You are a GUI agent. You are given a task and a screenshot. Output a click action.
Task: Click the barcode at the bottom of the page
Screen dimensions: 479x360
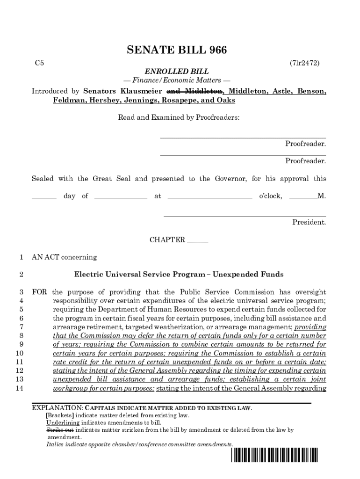pos(274,455)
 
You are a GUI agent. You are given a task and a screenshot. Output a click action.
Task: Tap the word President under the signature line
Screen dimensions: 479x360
pos(309,222)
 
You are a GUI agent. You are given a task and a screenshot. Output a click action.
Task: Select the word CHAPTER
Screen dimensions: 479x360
pos(167,240)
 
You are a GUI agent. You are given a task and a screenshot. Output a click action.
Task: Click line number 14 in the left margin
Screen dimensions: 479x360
pos(20,388)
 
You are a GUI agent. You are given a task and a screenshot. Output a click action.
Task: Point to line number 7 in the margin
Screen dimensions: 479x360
pos(22,327)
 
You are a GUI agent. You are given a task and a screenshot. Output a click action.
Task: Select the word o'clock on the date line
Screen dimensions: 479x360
pos(271,196)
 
